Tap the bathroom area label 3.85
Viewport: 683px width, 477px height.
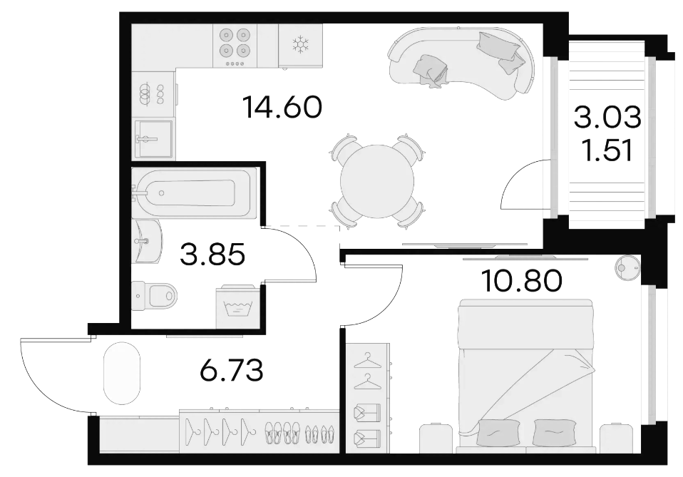pyautogui.click(x=212, y=255)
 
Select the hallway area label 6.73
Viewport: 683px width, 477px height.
pyautogui.click(x=231, y=371)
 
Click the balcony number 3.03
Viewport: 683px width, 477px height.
pyautogui.click(x=607, y=118)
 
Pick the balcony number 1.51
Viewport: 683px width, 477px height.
pyautogui.click(x=607, y=150)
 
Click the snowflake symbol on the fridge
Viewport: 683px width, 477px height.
pyautogui.click(x=300, y=44)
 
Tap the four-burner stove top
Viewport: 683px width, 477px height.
pyautogui.click(x=235, y=46)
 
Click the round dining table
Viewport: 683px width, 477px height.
pyautogui.click(x=376, y=181)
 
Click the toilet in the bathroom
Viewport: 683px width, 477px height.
pyautogui.click(x=155, y=295)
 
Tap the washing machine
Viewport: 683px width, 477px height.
pyautogui.click(x=239, y=307)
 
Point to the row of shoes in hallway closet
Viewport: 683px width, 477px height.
pyautogui.click(x=301, y=431)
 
